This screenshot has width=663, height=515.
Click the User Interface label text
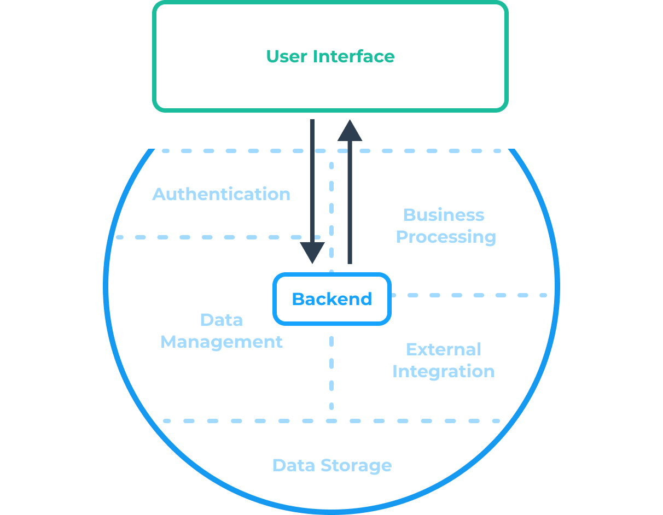tap(330, 56)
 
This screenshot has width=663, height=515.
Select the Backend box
tap(331, 299)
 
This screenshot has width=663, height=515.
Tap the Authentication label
tap(221, 194)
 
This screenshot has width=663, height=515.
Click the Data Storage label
tap(331, 465)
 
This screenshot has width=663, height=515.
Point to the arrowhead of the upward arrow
tap(350, 131)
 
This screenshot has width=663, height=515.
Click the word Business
tap(443, 215)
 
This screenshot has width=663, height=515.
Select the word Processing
tap(445, 237)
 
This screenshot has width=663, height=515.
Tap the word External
tap(443, 349)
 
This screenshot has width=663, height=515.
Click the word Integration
tap(443, 371)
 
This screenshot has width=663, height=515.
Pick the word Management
tap(221, 342)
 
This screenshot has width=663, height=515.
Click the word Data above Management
tap(221, 320)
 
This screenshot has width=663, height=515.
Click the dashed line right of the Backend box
tap(470, 295)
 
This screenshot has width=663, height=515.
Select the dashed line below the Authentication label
tap(208, 237)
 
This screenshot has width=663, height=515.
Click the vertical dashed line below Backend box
tap(331, 372)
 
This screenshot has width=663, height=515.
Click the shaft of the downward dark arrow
tap(312, 180)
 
